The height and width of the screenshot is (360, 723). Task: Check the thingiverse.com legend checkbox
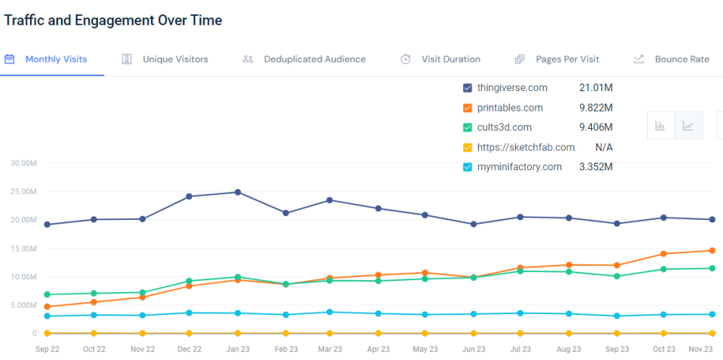coord(468,88)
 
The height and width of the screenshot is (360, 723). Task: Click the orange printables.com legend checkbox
coord(468,108)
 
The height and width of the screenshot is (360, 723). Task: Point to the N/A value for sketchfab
coord(603,148)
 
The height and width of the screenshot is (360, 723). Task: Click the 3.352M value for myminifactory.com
coord(596,167)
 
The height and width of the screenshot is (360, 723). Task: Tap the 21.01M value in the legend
coord(595,88)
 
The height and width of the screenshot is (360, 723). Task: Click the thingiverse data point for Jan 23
coord(238,192)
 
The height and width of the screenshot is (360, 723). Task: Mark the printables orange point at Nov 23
coord(712,251)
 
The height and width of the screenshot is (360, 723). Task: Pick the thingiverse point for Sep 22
coord(47,224)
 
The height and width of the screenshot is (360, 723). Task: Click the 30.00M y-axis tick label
coord(23,163)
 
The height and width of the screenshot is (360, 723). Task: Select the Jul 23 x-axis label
coord(520,349)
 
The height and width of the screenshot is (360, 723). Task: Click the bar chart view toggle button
coord(660,126)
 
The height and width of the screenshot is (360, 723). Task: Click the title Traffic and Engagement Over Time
coord(113,20)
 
